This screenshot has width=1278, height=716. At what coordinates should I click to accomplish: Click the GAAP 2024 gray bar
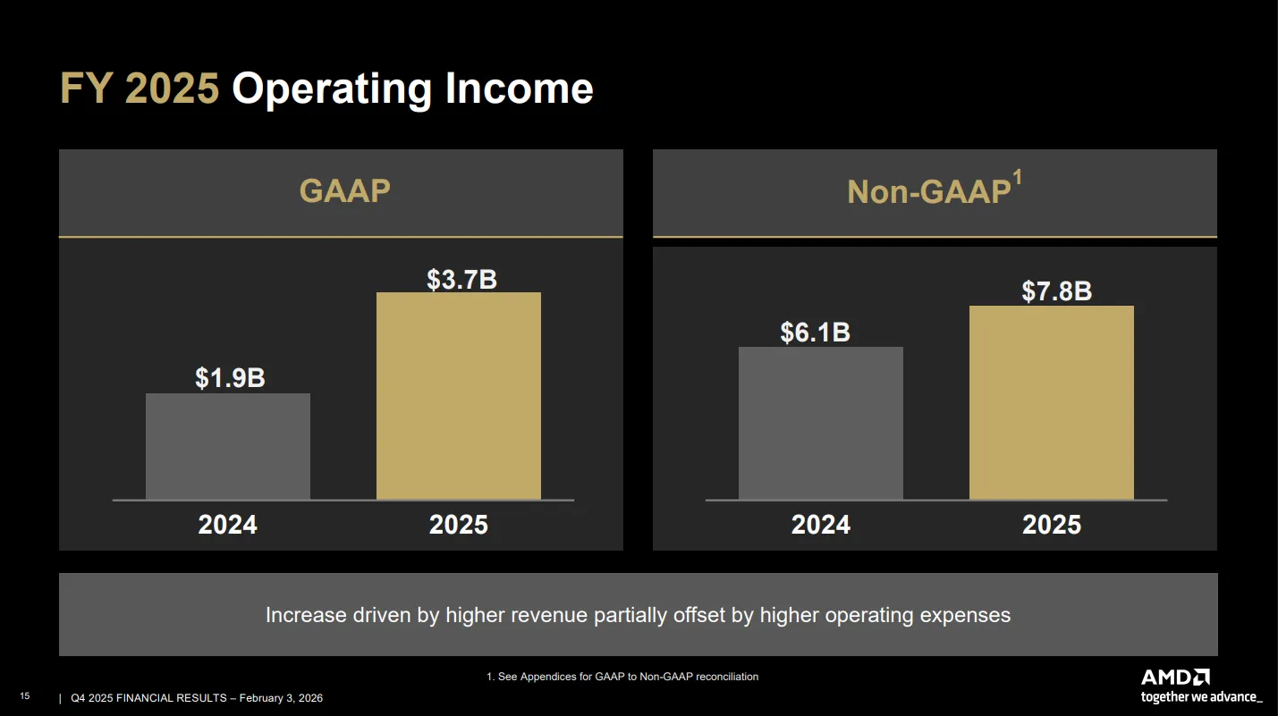pos(228,446)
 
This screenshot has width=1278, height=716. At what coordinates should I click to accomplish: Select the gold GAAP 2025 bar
pos(459,396)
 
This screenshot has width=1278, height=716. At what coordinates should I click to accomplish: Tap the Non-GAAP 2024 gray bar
pos(821,423)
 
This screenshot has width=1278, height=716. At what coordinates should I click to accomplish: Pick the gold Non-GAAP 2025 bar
pos(1052,402)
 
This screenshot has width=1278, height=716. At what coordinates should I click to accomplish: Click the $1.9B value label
pos(231,377)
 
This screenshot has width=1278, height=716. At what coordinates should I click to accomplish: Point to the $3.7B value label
pos(462,279)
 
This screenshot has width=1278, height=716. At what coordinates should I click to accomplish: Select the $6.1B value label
pos(816,332)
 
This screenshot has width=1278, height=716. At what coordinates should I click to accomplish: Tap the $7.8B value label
pos(1056,291)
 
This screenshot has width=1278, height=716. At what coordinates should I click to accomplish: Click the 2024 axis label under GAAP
pos(228,525)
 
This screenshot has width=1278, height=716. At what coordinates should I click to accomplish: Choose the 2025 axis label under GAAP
pos(459,525)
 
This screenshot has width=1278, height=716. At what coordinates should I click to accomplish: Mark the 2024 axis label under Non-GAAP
pos(821,525)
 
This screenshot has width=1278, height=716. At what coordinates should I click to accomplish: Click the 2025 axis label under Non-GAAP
pos(1052,525)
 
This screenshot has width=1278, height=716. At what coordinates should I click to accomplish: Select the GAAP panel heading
pos(345,190)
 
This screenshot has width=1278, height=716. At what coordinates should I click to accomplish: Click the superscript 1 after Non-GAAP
pos(1017,177)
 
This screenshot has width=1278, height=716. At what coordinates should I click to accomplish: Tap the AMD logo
pos(1175,678)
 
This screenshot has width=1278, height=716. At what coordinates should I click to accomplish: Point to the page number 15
pos(24,696)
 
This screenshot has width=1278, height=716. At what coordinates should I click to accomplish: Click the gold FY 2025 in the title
pos(140,88)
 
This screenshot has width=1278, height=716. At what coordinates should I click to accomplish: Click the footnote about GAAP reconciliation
pos(622,677)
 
